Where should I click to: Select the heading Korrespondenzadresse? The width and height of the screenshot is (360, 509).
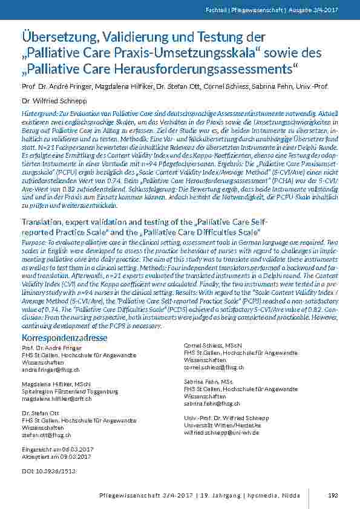(x=64, y=337)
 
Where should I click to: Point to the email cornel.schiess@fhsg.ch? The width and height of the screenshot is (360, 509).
(x=214, y=367)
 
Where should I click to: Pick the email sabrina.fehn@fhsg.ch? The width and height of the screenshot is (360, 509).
(x=212, y=403)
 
